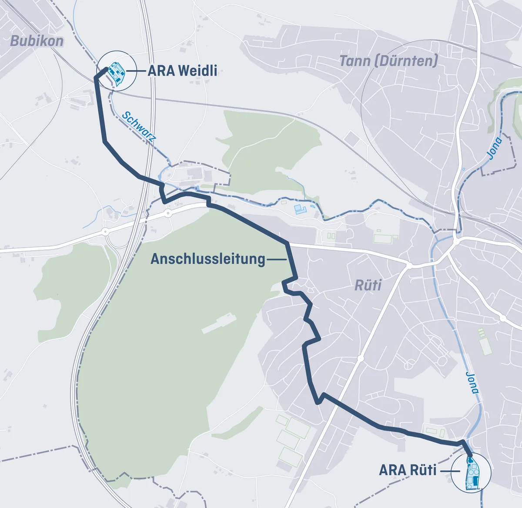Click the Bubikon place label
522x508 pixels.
(37, 41)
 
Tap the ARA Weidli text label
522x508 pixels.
(182, 71)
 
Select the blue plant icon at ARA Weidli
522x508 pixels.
(117, 72)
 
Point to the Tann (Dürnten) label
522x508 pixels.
(388, 61)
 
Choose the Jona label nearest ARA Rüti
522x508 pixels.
(472, 382)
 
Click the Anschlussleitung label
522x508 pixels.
(207, 259)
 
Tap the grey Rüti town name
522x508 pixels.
(368, 286)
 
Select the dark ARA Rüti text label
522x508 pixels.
(408, 471)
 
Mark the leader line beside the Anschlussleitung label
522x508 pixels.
(276, 259)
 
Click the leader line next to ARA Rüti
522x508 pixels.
(449, 471)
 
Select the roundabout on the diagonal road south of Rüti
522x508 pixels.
(360, 359)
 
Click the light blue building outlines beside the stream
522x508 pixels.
(300, 209)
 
